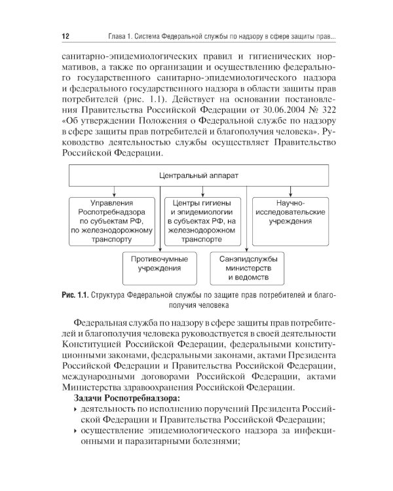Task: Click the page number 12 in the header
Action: pyautogui.click(x=65, y=35)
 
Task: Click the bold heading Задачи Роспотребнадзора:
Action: pyautogui.click(x=125, y=399)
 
